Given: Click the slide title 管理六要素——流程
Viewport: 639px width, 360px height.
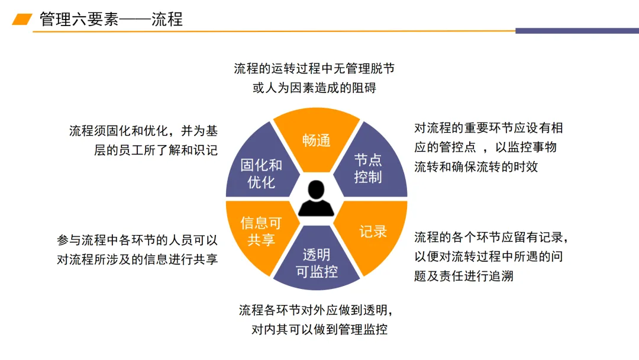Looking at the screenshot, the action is click(x=111, y=19).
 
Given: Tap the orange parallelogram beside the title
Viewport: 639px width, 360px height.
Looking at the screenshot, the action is click(x=22, y=19).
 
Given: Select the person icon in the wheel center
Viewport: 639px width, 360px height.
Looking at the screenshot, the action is click(x=316, y=199).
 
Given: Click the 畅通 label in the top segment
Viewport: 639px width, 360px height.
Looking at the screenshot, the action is click(x=316, y=141).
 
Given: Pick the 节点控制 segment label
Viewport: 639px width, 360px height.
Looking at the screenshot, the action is click(x=367, y=168).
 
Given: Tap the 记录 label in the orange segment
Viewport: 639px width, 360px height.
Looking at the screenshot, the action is click(x=373, y=231).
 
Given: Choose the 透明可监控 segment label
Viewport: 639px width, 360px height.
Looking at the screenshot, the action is click(x=317, y=263).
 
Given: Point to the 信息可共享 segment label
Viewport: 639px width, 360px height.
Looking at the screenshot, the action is click(x=261, y=231).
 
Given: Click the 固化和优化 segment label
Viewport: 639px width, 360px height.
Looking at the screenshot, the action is click(x=261, y=173).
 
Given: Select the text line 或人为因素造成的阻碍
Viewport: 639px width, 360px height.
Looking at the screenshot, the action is click(x=314, y=88).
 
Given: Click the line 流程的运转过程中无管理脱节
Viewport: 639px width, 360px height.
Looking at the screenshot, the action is click(x=314, y=69).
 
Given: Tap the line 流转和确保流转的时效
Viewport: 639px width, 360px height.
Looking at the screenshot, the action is click(x=476, y=166).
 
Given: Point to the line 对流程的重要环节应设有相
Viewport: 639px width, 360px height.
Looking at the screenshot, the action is click(x=488, y=128).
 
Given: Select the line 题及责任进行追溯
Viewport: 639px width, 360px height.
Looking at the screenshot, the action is click(x=463, y=276).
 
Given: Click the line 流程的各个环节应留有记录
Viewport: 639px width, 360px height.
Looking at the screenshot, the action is click(x=491, y=237).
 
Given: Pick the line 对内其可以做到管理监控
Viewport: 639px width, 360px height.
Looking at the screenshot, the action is click(x=319, y=330).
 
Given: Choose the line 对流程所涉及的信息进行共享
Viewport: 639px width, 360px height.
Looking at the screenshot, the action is click(x=137, y=260).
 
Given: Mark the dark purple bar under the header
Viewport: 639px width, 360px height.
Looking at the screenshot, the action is click(x=577, y=31).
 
